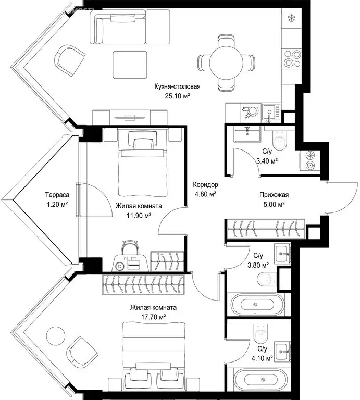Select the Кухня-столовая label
click(x=177, y=86)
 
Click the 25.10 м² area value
click(x=177, y=96)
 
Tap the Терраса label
click(x=57, y=195)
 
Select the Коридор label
click(x=205, y=184)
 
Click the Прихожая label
click(x=274, y=195)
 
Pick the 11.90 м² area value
click(x=139, y=216)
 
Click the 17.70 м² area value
click(x=154, y=317)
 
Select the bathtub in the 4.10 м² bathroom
click(x=262, y=380)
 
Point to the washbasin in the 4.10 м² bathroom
click(x=283, y=352)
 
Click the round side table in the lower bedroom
click(x=55, y=335)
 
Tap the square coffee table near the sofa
click(x=130, y=65)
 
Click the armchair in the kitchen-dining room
click(x=69, y=61)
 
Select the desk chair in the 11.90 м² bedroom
click(x=130, y=249)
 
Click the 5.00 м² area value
click(x=274, y=204)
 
